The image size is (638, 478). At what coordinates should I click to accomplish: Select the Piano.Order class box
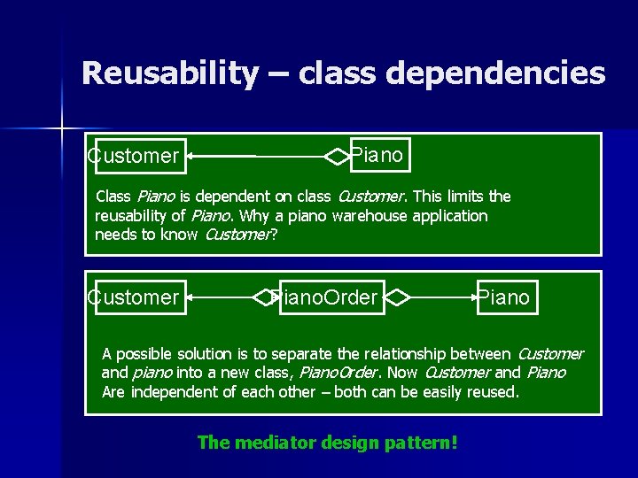click(x=324, y=297)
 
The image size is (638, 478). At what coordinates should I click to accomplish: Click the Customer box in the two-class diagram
click(x=136, y=157)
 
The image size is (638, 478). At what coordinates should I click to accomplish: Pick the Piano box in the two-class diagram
click(x=379, y=156)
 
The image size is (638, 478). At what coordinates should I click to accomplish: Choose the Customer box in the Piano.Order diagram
click(x=136, y=297)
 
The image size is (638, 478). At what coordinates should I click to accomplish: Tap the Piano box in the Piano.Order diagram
click(x=504, y=297)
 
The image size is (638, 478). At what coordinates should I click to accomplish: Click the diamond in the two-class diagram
click(x=338, y=157)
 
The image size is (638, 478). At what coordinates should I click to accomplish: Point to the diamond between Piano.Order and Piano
click(x=398, y=297)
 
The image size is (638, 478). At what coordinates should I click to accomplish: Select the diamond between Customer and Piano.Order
click(x=264, y=297)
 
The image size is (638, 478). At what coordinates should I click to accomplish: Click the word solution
click(x=208, y=354)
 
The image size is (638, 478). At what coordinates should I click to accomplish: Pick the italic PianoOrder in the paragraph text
click(x=338, y=373)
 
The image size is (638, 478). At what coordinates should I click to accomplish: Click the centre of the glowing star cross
click(x=61, y=129)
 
